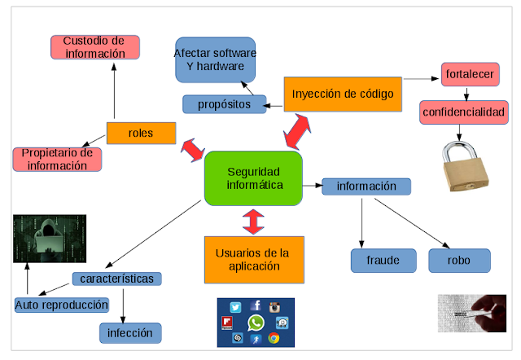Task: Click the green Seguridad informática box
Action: point(253,178)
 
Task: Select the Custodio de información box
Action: point(95,46)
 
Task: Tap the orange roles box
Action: point(141,132)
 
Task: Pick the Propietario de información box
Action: point(57,159)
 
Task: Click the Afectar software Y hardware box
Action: point(215,59)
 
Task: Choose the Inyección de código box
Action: point(343,94)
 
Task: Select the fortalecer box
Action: point(470,75)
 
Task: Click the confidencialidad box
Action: point(463,112)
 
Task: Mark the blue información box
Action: point(366,187)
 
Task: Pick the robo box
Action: point(460,260)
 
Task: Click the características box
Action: point(117,279)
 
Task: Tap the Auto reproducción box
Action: point(62,305)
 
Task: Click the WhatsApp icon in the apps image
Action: point(256,323)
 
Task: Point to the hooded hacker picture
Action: point(49,239)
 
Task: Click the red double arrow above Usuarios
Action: point(253,221)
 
